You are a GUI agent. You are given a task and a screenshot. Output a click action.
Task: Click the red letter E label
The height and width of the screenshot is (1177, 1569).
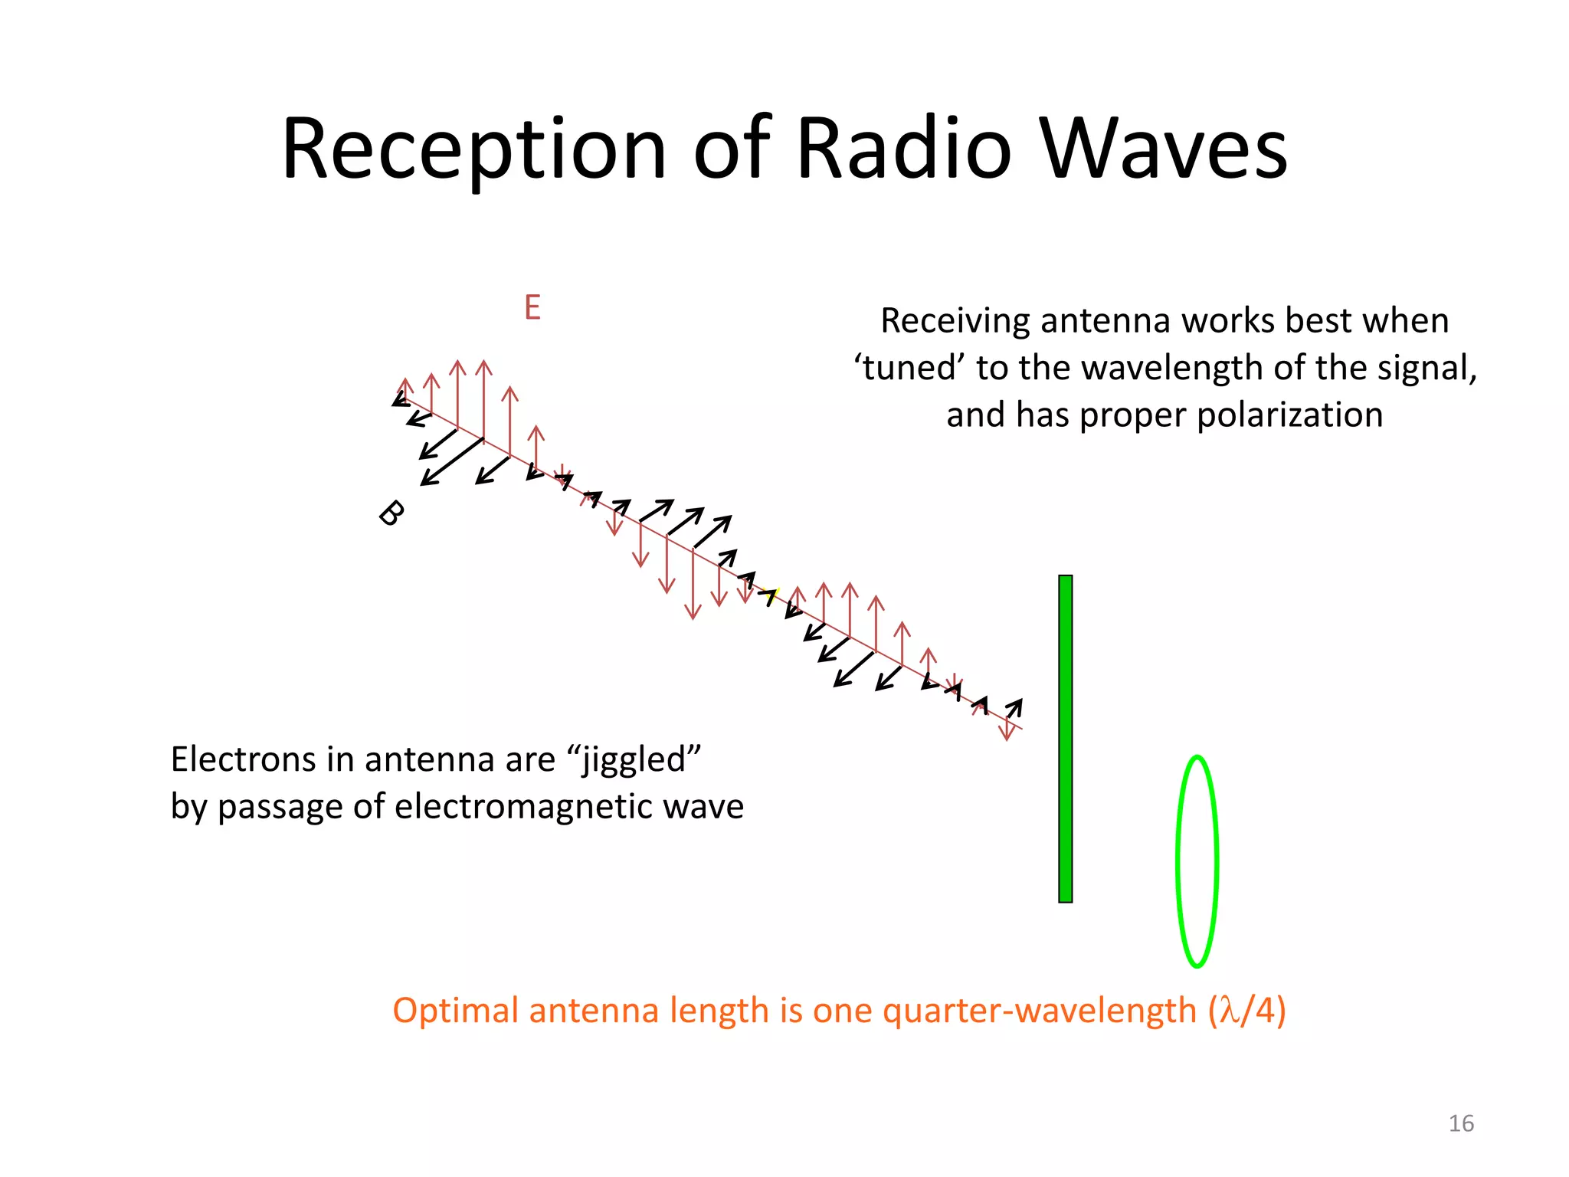pos(532,308)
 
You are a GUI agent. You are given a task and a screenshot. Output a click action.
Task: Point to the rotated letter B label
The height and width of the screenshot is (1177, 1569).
pos(391,513)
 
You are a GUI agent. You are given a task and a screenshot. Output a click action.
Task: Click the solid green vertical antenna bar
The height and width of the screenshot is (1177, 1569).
pos(1065,739)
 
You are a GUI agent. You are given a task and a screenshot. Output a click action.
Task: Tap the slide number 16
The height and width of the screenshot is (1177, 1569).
pos(1461,1123)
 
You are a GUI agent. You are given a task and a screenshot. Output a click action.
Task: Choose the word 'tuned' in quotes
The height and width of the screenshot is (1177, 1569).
pos(909,369)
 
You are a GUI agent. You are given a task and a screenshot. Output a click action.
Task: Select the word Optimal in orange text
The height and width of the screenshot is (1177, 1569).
pos(456,1011)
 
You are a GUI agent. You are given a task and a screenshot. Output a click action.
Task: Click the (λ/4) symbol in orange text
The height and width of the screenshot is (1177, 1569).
pos(1247,1011)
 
